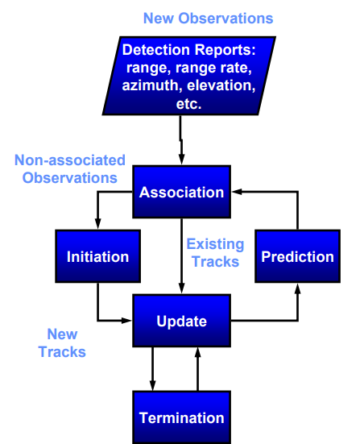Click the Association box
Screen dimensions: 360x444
pos(181,192)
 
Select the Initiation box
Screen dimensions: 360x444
pos(98,256)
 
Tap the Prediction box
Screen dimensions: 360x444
pos(297,256)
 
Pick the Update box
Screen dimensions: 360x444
pos(181,321)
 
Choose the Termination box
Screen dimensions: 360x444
pos(181,417)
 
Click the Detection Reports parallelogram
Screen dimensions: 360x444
pos(188,76)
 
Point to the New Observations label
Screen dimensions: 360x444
pos(209,19)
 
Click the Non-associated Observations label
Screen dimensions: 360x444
pos(70,169)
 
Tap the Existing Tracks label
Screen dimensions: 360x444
pos(215,253)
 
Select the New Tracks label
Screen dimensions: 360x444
pos(62,343)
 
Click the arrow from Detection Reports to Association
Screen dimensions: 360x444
pos(181,140)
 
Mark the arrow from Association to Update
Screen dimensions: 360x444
pos(181,256)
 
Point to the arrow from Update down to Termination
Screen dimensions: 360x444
pos(152,369)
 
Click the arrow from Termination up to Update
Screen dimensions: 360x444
pos(197,369)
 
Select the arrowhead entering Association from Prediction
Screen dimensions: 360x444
pos(237,192)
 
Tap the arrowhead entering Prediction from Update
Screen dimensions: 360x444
pos(297,288)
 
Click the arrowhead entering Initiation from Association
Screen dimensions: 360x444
pos(98,224)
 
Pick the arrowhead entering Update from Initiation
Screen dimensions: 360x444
pos(126,321)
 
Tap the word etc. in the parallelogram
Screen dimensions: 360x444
pos(188,104)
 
